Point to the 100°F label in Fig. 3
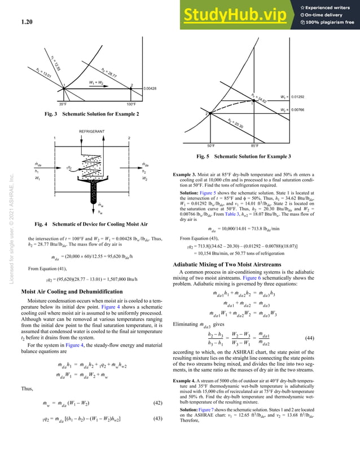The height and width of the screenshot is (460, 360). tap(131, 104)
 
